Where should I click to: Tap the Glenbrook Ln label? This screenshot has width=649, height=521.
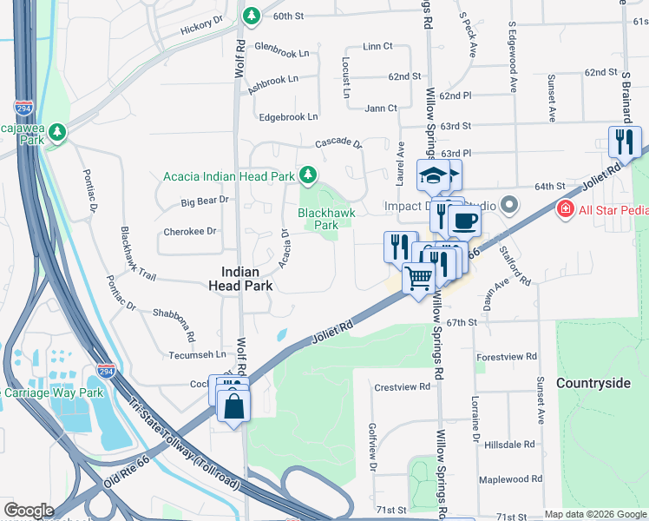point(281,52)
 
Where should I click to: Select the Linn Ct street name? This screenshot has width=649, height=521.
point(378,46)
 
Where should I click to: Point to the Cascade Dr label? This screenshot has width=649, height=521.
point(338,142)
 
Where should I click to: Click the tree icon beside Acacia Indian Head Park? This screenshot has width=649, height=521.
point(307,175)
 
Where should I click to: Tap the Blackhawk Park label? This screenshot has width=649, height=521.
point(318,219)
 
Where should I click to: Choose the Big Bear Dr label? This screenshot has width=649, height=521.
point(205,201)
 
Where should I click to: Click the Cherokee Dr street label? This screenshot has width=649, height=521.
point(190,232)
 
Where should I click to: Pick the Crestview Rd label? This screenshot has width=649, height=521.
point(403,386)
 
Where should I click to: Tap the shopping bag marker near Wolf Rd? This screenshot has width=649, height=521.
point(234,406)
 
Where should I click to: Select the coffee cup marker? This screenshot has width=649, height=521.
point(464,221)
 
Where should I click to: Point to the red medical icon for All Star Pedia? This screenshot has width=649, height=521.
point(565,209)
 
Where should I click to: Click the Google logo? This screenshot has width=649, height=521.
point(29,511)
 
